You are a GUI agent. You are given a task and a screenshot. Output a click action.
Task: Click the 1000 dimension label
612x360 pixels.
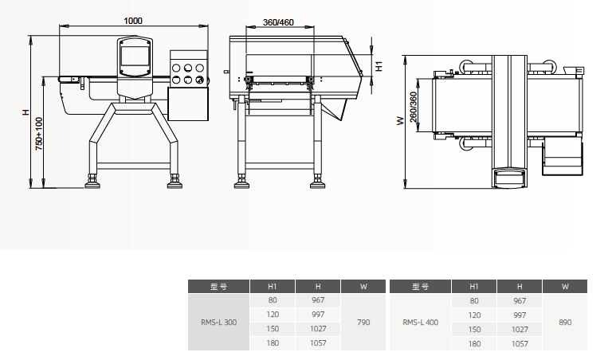tap(133, 21)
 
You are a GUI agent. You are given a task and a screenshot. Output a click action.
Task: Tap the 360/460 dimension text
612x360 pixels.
tap(278, 22)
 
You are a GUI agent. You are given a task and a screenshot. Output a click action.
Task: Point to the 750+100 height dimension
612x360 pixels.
tap(39, 134)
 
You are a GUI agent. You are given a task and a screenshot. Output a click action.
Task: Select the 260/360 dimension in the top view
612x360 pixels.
tap(414, 107)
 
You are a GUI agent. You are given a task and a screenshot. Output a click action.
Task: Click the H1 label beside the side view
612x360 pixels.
tap(379, 66)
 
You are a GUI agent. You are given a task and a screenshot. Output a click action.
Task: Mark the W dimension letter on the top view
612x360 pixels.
tap(401, 121)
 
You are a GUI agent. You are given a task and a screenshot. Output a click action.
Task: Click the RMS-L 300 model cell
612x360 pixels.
tap(218, 322)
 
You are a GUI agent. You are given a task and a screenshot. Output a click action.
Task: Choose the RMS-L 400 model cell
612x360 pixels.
tap(421, 322)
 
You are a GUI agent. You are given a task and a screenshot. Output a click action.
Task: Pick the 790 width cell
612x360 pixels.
tap(363, 322)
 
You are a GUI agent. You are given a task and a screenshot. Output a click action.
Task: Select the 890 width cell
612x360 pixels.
tap(565, 322)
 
